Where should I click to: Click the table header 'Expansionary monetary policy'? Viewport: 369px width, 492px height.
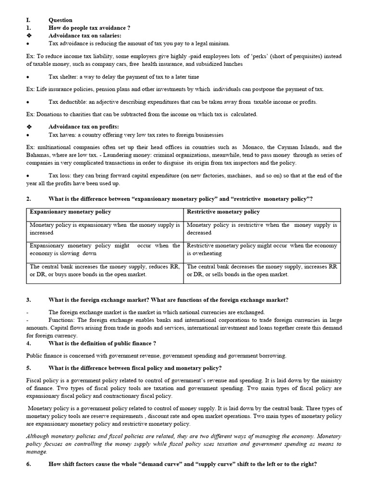(x=70, y=212)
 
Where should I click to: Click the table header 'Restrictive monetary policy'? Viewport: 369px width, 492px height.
(x=223, y=212)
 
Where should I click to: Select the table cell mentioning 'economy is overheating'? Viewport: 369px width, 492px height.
(x=262, y=249)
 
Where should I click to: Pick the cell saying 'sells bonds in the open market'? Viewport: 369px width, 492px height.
(x=262, y=271)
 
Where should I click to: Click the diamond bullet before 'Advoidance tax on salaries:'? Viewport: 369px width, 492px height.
(x=29, y=36)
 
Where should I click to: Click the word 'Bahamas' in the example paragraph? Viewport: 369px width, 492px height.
(x=39, y=155)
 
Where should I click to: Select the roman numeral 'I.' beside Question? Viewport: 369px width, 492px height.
(x=28, y=20)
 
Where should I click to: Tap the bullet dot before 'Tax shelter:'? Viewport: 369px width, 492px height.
(x=28, y=77)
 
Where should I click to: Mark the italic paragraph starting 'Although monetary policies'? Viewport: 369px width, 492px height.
(x=184, y=444)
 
